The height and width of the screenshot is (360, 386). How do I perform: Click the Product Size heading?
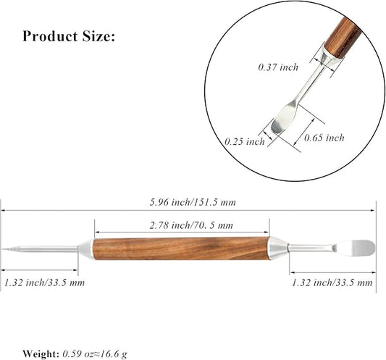click(x=69, y=36)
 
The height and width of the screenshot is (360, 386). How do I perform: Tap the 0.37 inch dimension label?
click(x=278, y=67)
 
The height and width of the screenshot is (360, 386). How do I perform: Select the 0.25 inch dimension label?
click(x=245, y=141)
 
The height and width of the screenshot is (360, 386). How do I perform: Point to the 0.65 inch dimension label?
click(x=324, y=138)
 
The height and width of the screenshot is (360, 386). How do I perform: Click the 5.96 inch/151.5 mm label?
click(x=193, y=202)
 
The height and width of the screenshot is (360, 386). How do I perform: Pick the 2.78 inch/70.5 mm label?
click(x=191, y=225)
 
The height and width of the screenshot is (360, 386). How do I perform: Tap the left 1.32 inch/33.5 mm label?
click(x=44, y=282)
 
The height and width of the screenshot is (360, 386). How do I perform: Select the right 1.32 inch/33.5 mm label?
click(x=332, y=282)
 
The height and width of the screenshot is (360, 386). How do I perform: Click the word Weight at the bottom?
click(x=41, y=354)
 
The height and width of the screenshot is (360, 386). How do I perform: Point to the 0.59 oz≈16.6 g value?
click(x=95, y=354)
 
